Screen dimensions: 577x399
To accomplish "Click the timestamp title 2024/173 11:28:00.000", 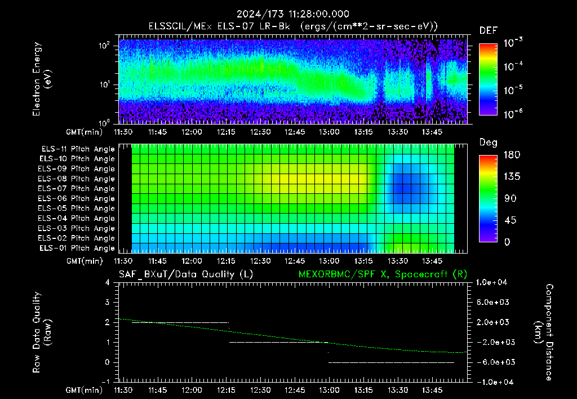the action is pyautogui.click(x=292, y=14).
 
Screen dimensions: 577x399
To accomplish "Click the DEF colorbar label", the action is pyautogui.click(x=489, y=30).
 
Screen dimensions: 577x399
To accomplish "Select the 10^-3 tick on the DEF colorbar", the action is pyautogui.click(x=513, y=43).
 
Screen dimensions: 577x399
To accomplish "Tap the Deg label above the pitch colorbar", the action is pyautogui.click(x=489, y=143).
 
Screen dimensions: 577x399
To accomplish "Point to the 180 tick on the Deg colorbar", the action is pyautogui.click(x=512, y=154).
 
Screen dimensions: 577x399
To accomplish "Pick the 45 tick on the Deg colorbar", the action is pyautogui.click(x=509, y=220).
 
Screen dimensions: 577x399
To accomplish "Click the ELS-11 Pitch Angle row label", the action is pyautogui.click(x=78, y=149).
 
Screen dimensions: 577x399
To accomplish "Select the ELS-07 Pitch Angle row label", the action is pyautogui.click(x=76, y=189).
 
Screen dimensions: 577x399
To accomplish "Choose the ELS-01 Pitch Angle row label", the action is pyautogui.click(x=77, y=249).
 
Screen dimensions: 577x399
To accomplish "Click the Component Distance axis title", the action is pyautogui.click(x=544, y=333).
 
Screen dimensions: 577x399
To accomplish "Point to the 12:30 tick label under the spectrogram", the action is pyautogui.click(x=260, y=132).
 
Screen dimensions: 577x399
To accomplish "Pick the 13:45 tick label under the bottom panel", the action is pyautogui.click(x=432, y=390).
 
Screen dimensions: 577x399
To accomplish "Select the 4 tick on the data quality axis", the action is pyautogui.click(x=108, y=282).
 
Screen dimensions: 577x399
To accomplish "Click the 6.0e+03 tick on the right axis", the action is pyautogui.click(x=492, y=302).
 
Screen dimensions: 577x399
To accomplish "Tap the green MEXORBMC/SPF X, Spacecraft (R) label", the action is pyautogui.click(x=383, y=274).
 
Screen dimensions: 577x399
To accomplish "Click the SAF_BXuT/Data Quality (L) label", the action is pyautogui.click(x=186, y=274).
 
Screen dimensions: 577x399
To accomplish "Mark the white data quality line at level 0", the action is pyautogui.click(x=391, y=362).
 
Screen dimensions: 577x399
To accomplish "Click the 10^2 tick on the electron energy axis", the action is pyautogui.click(x=104, y=46).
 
